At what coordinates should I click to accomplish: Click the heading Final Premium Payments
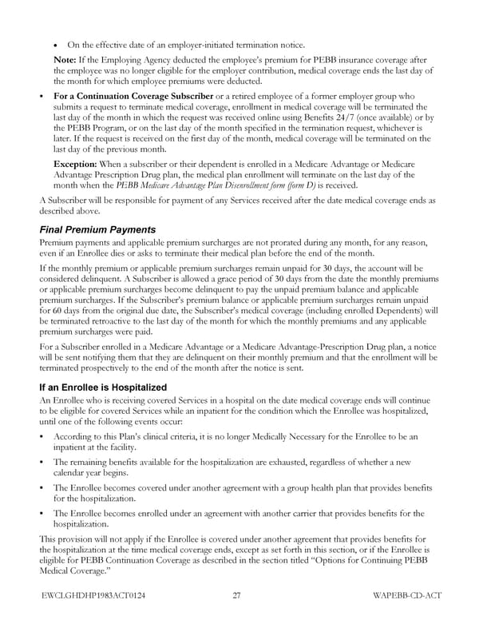point(97,229)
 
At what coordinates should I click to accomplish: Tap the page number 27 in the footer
point(237,594)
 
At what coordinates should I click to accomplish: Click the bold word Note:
point(65,61)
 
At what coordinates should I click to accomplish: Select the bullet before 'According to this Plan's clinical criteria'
point(42,436)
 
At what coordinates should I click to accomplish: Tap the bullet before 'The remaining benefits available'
point(42,462)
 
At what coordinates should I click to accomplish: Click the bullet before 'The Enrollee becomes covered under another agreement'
point(42,487)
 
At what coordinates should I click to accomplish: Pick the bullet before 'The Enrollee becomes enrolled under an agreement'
point(42,513)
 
